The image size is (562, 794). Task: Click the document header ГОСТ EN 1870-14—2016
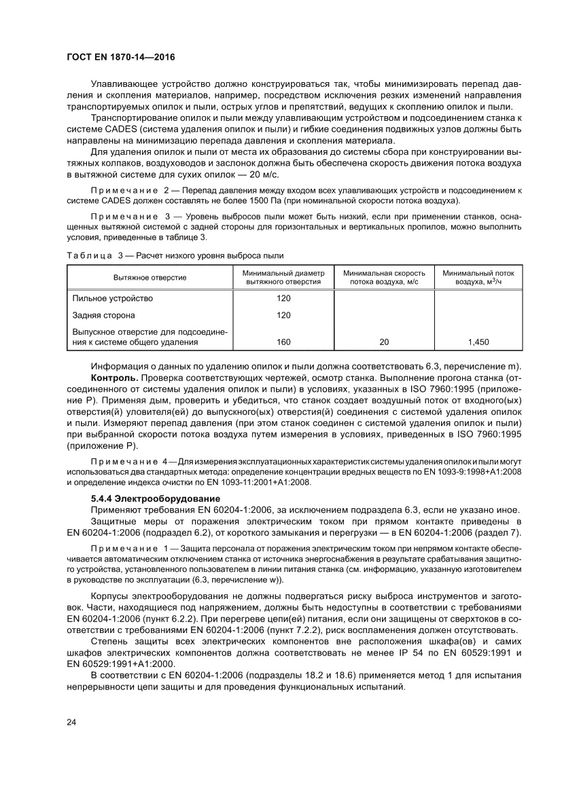121,58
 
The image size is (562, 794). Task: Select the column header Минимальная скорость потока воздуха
383,277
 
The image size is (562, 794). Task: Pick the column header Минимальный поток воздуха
478,277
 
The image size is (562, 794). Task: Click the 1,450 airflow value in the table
478,342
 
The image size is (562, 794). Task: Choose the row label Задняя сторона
103,315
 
